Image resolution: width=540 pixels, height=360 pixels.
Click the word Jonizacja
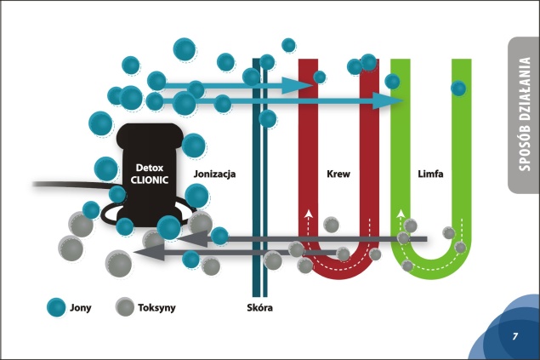(214, 174)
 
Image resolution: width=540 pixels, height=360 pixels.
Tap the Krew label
(338, 174)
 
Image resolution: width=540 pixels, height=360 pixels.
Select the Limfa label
(430, 174)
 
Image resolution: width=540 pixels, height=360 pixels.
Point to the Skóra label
(260, 307)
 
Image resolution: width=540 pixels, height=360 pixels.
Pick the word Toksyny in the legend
(156, 307)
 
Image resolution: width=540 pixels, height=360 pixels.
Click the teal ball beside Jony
(57, 307)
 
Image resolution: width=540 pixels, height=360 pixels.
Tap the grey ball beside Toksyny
(125, 307)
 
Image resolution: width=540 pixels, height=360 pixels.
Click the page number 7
(514, 337)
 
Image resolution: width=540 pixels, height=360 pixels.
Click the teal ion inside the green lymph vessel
(458, 88)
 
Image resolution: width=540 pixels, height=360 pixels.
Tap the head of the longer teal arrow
(393, 101)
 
